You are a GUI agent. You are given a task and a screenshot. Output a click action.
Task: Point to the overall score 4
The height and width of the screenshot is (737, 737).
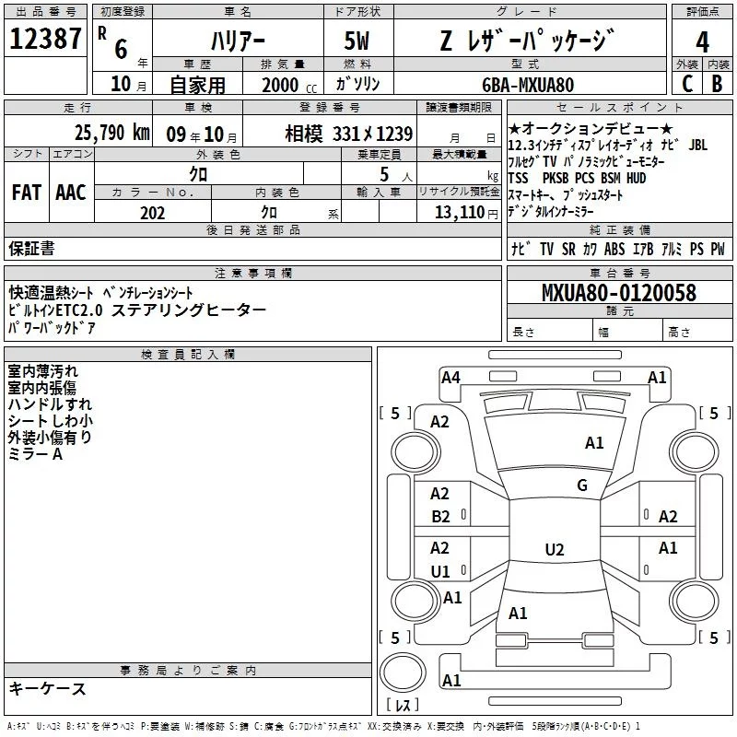703,42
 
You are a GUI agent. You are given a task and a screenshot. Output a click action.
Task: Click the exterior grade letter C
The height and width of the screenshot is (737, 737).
686,83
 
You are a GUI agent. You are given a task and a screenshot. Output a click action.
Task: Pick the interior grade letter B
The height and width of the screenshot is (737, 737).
717,83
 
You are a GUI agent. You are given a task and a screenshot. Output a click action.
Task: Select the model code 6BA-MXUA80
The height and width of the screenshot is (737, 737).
527,84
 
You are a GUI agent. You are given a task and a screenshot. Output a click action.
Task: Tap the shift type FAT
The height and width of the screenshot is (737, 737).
26,193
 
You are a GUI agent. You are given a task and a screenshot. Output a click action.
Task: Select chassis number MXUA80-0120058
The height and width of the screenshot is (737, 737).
618,293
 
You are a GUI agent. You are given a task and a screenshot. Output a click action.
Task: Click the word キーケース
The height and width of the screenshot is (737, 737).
48,688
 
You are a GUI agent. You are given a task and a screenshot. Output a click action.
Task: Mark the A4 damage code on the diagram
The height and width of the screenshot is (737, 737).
450,377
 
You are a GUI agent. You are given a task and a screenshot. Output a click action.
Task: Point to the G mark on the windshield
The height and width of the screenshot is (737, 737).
581,485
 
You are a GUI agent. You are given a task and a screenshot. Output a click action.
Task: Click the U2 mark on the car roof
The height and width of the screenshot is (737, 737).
554,550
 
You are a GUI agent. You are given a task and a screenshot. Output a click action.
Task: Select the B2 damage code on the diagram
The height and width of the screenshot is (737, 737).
441,517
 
